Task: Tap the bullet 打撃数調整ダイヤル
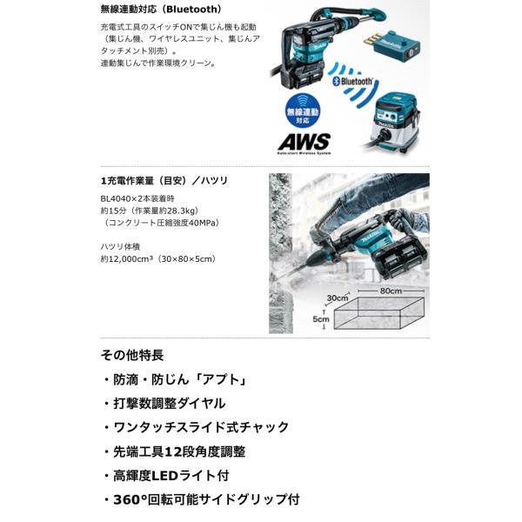pyautogui.click(x=169, y=404)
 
